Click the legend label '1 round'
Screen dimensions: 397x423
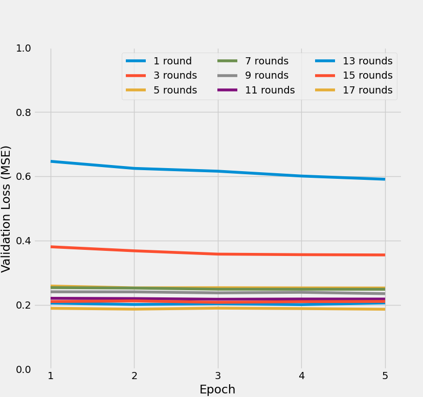(172, 61)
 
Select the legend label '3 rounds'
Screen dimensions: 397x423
(175, 75)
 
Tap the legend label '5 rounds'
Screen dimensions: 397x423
(175, 90)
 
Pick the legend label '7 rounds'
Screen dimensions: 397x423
(266, 61)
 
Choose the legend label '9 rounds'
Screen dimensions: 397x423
(266, 75)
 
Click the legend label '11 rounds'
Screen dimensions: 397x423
(270, 90)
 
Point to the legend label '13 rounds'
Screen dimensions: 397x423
(367, 61)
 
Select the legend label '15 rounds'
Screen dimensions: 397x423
(367, 75)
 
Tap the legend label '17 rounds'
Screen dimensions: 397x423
(367, 90)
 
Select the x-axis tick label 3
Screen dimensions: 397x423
(218, 376)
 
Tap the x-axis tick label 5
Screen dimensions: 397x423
(385, 376)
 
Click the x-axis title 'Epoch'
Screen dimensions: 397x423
(217, 389)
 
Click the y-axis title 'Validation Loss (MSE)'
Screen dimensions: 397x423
(6, 208)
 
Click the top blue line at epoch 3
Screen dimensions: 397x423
(218, 171)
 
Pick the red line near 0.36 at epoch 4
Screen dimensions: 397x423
(301, 254)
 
